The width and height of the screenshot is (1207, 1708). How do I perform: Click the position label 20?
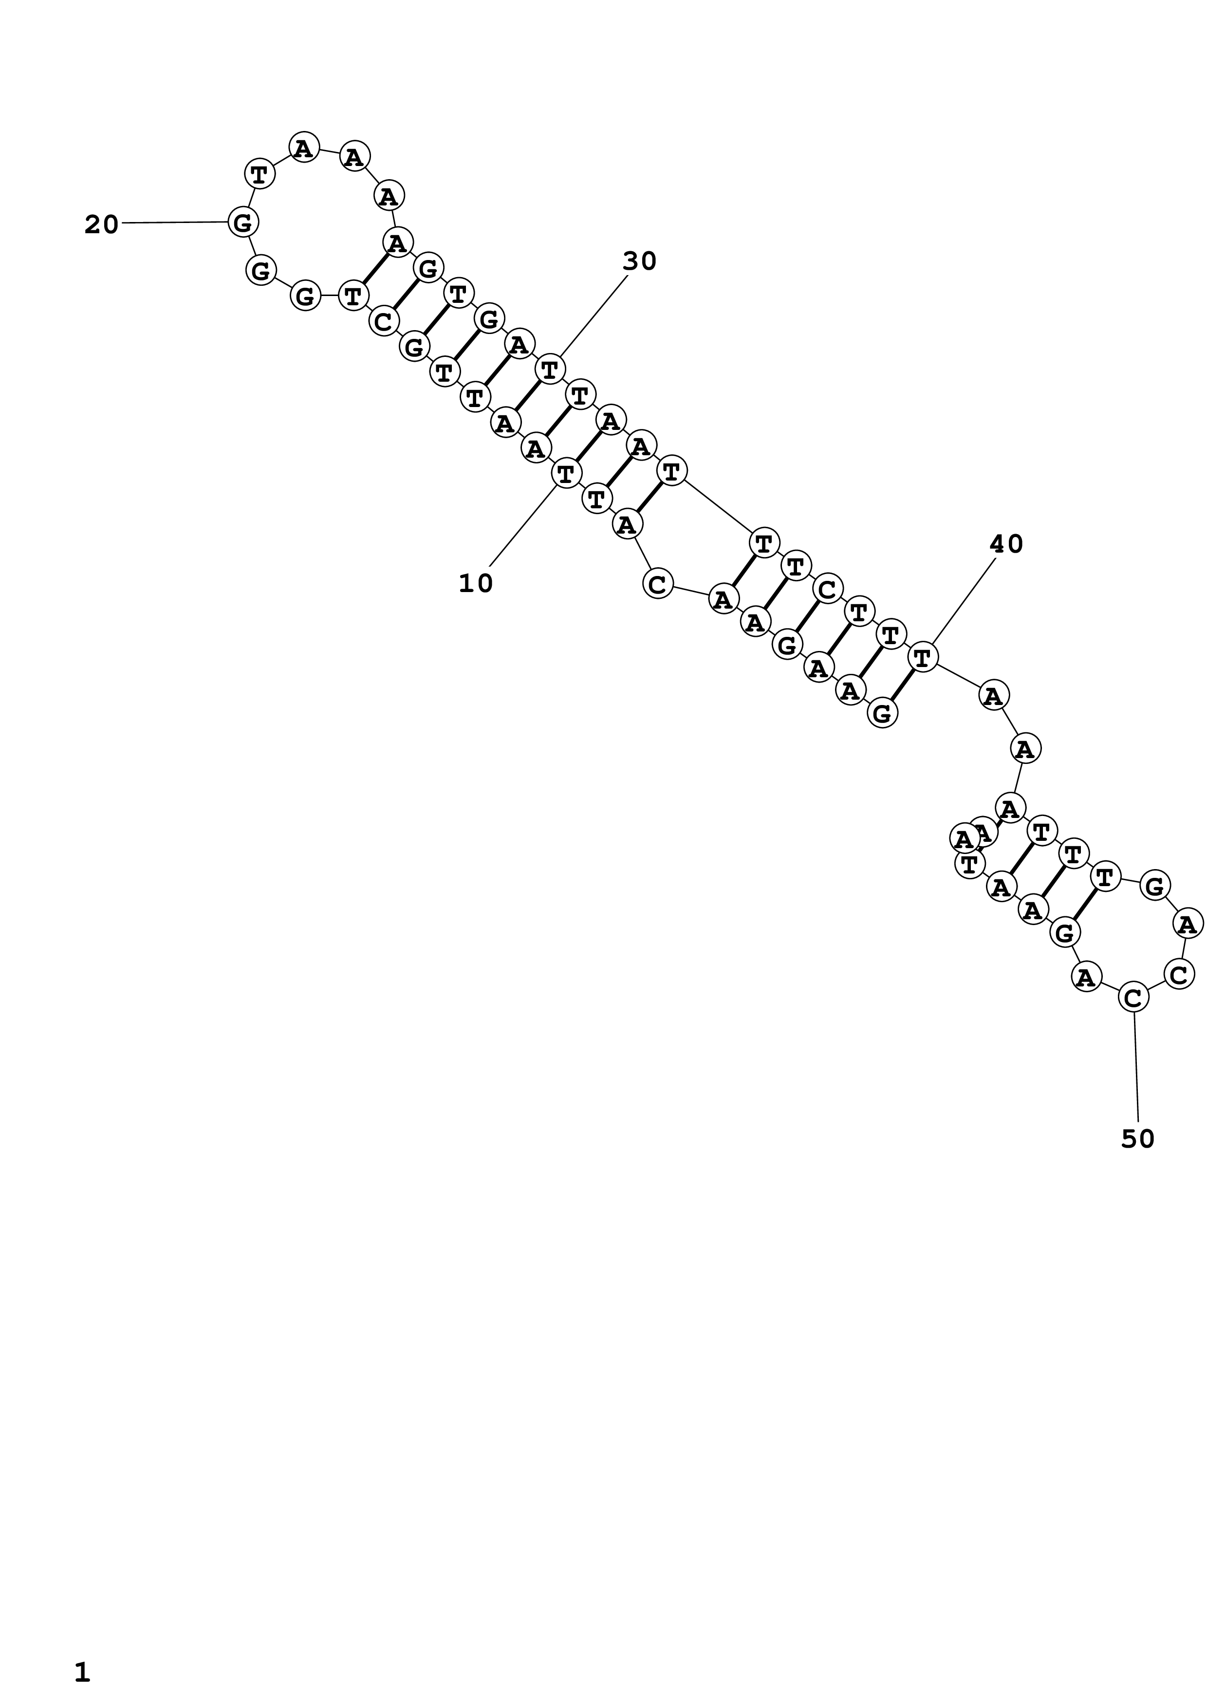tap(101, 224)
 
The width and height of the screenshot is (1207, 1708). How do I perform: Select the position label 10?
tap(475, 584)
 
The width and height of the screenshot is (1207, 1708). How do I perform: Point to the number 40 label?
tap(1006, 544)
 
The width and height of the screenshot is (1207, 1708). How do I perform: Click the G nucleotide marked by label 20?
tap(243, 222)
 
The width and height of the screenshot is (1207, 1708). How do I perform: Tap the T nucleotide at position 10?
tap(565, 473)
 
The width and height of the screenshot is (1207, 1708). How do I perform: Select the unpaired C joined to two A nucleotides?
tap(657, 584)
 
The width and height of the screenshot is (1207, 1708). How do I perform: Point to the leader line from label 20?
tap(175, 223)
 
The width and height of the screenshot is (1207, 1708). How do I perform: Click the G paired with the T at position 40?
tap(882, 713)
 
